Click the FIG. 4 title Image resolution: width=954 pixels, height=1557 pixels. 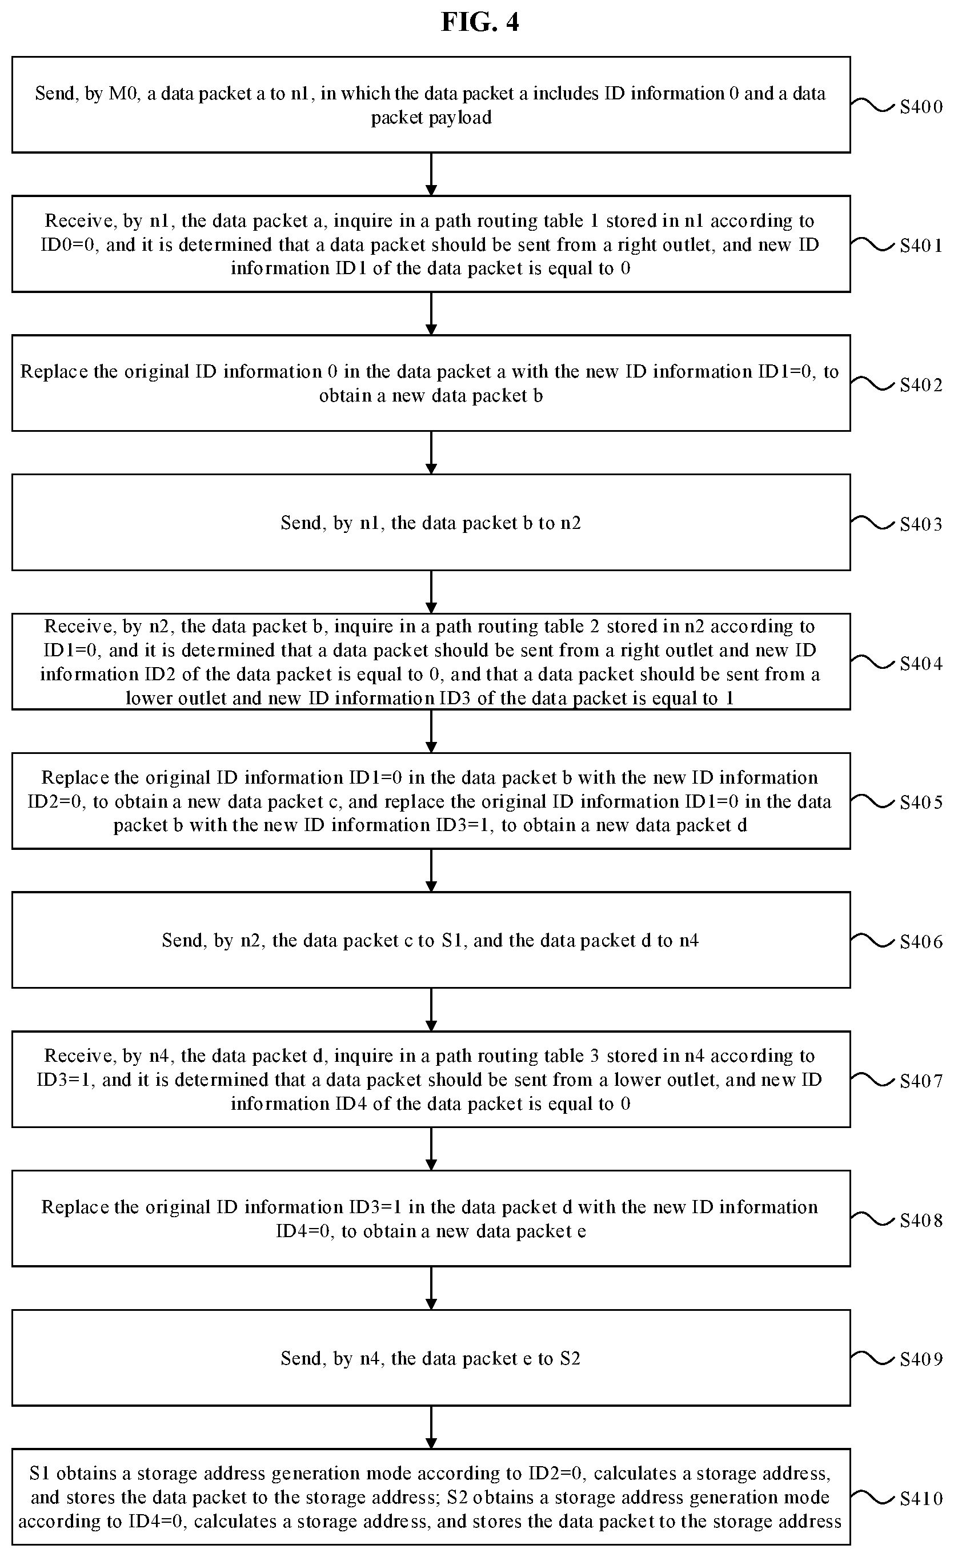pyautogui.click(x=480, y=22)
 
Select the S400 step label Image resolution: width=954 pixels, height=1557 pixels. pyautogui.click(x=921, y=107)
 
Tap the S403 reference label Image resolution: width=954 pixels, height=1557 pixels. pyautogui.click(x=921, y=524)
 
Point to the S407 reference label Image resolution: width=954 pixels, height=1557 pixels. pyautogui.click(x=921, y=1081)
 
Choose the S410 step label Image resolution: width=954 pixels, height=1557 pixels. pyautogui.click(x=921, y=1498)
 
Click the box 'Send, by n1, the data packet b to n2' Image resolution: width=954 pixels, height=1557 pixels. pyautogui.click(x=431, y=523)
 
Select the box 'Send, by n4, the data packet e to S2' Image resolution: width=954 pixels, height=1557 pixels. pyautogui.click(x=431, y=1358)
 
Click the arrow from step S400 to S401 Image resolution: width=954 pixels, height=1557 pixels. pyautogui.click(x=431, y=174)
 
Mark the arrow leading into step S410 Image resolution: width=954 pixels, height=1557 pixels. pyautogui.click(x=431, y=1427)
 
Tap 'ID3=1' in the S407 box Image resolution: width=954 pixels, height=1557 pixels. pyautogui.click(x=65, y=1080)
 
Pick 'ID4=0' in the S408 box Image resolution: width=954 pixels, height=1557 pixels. pyautogui.click(x=304, y=1231)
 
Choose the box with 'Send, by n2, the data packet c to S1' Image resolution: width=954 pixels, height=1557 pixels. pyautogui.click(x=431, y=940)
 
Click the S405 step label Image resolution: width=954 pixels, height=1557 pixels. pyautogui.click(x=921, y=802)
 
